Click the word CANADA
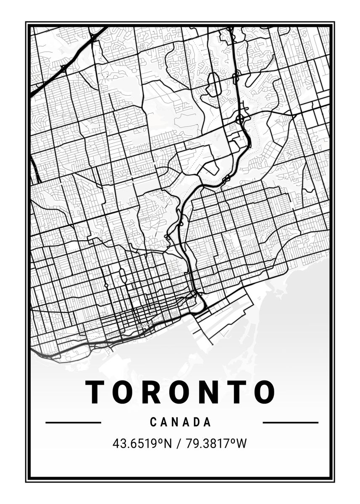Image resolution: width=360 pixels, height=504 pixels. [180, 422]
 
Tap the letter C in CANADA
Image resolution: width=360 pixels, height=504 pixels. [153, 422]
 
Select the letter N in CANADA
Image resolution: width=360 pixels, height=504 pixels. [175, 422]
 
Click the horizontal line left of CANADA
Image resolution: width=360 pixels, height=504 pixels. [73, 423]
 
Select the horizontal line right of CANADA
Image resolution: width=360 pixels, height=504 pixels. [290, 423]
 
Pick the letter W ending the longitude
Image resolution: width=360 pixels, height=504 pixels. [242, 444]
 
